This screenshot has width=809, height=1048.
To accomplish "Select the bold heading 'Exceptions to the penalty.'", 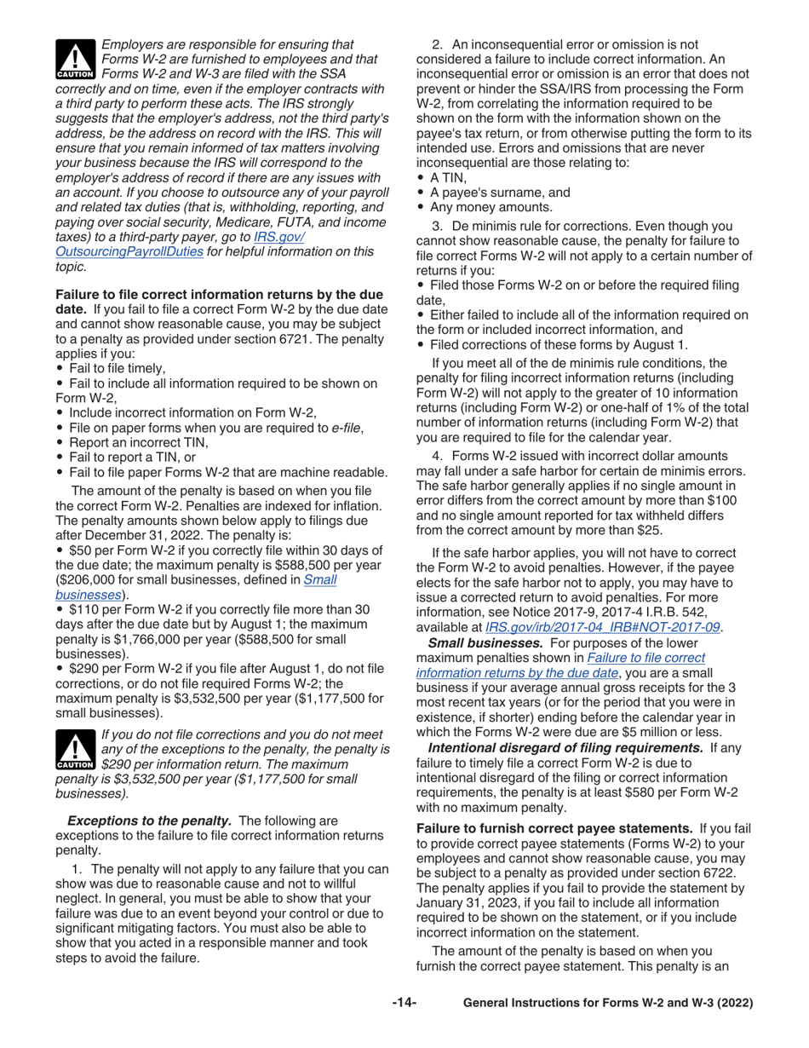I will click(149, 821).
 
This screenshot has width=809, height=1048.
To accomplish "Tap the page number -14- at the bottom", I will click(404, 1003).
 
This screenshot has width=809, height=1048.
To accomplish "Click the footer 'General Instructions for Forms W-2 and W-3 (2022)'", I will click(607, 1004).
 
